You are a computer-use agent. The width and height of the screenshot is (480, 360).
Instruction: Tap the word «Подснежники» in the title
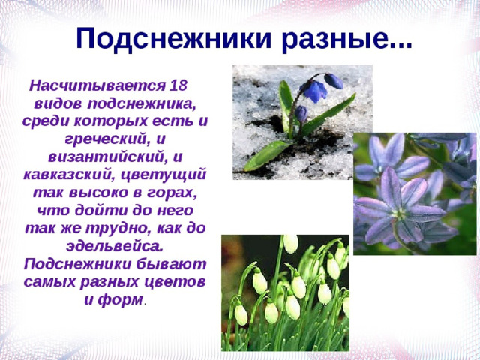174,38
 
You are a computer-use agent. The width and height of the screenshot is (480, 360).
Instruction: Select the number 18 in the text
178,85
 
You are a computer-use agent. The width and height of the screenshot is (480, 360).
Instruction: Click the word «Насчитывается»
97,85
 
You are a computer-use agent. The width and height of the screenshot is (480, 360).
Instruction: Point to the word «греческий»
104,140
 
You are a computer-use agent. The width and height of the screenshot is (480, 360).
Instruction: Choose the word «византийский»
107,157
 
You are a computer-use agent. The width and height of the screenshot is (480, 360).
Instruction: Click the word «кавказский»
69,175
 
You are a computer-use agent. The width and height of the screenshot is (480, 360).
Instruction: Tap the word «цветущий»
163,175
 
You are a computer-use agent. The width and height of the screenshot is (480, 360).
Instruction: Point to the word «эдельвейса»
115,247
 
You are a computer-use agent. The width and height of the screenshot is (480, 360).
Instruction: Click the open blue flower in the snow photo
313,90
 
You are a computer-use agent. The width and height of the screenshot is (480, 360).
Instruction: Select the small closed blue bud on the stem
301,113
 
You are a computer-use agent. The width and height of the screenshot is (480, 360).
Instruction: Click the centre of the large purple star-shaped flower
399,212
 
